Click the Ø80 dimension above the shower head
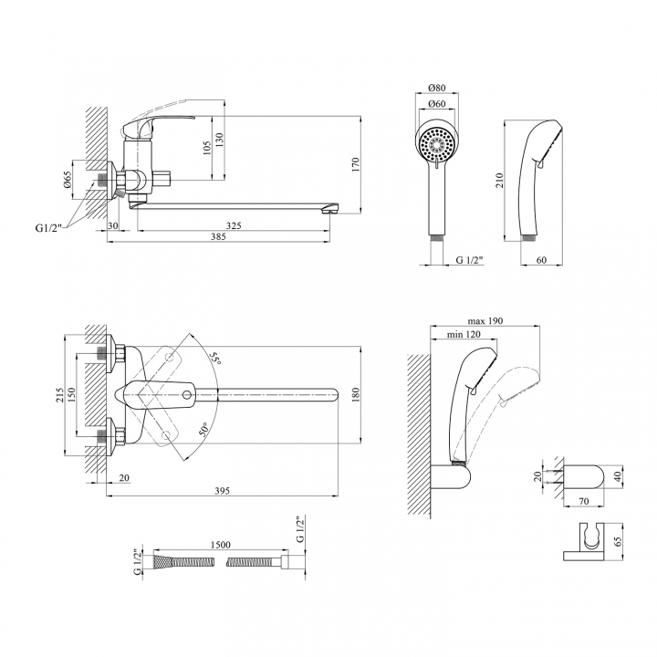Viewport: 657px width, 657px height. pyautogui.click(x=437, y=88)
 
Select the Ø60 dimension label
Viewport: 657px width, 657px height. pyautogui.click(x=437, y=104)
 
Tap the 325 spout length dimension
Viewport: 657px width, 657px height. pyautogui.click(x=234, y=225)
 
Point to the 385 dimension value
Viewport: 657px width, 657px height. pyautogui.click(x=218, y=236)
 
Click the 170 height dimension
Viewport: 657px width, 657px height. pyautogui.click(x=356, y=164)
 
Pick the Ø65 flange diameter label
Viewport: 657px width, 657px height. pyautogui.click(x=68, y=180)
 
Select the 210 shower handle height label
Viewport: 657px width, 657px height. pyautogui.click(x=499, y=180)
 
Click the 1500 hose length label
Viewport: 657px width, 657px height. pyautogui.click(x=221, y=545)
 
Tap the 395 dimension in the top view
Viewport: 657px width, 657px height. pyautogui.click(x=222, y=491)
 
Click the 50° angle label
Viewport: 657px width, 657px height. pyautogui.click(x=203, y=430)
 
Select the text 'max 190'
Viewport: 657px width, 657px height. pyautogui.click(x=485, y=321)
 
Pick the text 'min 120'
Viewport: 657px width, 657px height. pyautogui.click(x=464, y=334)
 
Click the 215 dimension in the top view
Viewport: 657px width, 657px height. pyautogui.click(x=60, y=395)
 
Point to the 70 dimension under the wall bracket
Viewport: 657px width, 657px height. pyautogui.click(x=584, y=501)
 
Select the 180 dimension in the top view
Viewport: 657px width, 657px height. pyautogui.click(x=356, y=394)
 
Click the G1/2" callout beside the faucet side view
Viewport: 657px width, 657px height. pyautogui.click(x=48, y=228)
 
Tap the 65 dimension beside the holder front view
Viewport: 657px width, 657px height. pyautogui.click(x=618, y=541)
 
